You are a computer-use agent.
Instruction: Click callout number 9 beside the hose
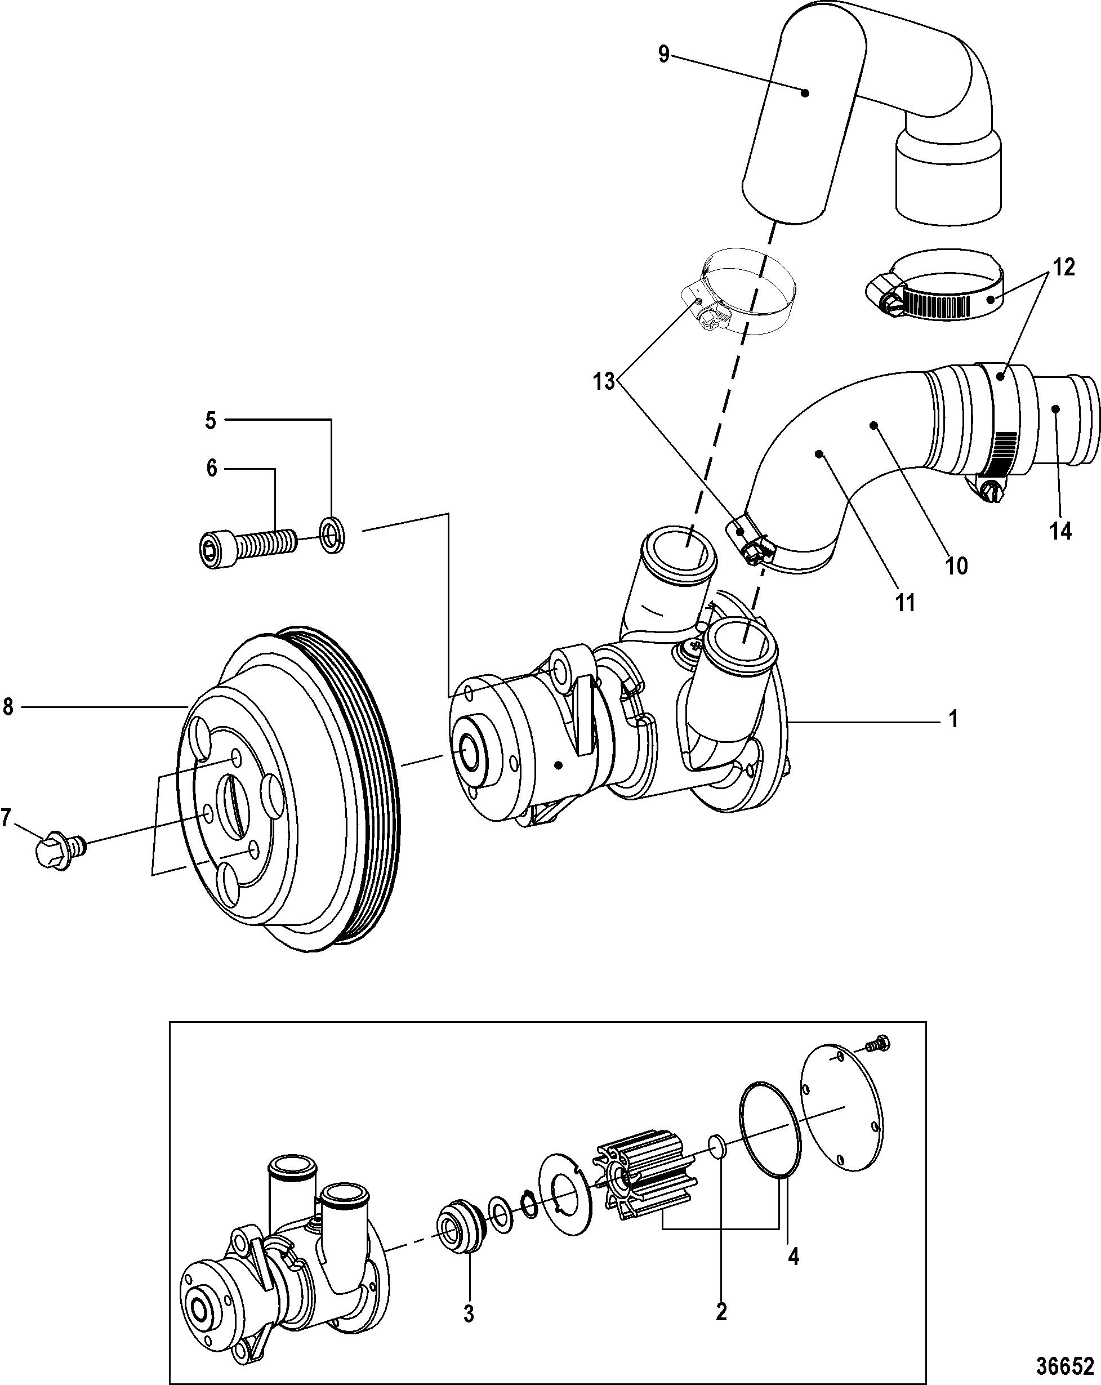[x=664, y=55]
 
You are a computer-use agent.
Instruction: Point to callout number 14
[x=1060, y=531]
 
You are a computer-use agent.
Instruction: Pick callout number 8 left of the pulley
[x=8, y=707]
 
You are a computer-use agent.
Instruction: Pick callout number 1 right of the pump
[x=955, y=719]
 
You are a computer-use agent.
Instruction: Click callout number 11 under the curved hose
[x=905, y=603]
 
